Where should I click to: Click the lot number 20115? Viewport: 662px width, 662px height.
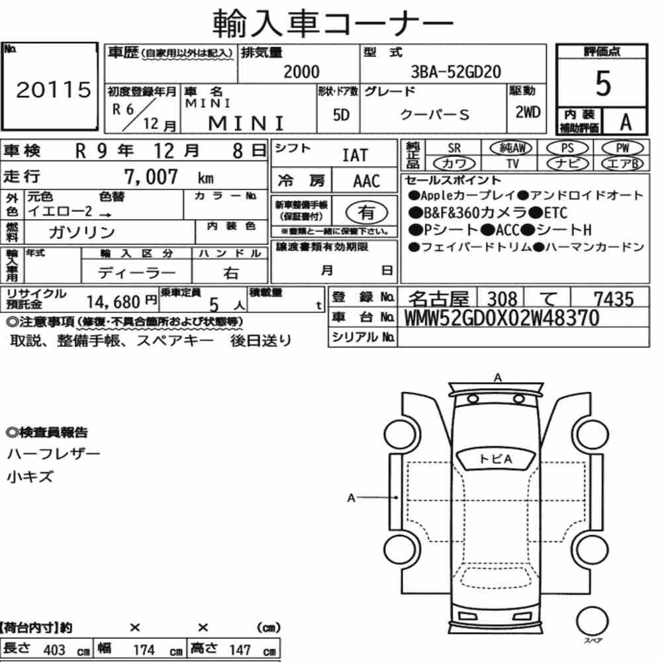tap(53, 89)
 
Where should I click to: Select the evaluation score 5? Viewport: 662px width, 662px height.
tap(603, 83)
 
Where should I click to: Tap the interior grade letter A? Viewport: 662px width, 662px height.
tap(626, 122)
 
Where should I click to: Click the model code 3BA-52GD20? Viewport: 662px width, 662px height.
tap(456, 71)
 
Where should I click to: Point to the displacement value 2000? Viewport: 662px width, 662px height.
tap(301, 71)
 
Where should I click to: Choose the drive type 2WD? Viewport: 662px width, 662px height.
tap(528, 112)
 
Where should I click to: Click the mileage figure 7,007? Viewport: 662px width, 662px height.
tap(151, 177)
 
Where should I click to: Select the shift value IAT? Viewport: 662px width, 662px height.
tap(355, 155)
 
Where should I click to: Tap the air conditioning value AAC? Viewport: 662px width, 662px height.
tap(366, 181)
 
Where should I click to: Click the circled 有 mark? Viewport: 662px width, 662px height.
tap(367, 213)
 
